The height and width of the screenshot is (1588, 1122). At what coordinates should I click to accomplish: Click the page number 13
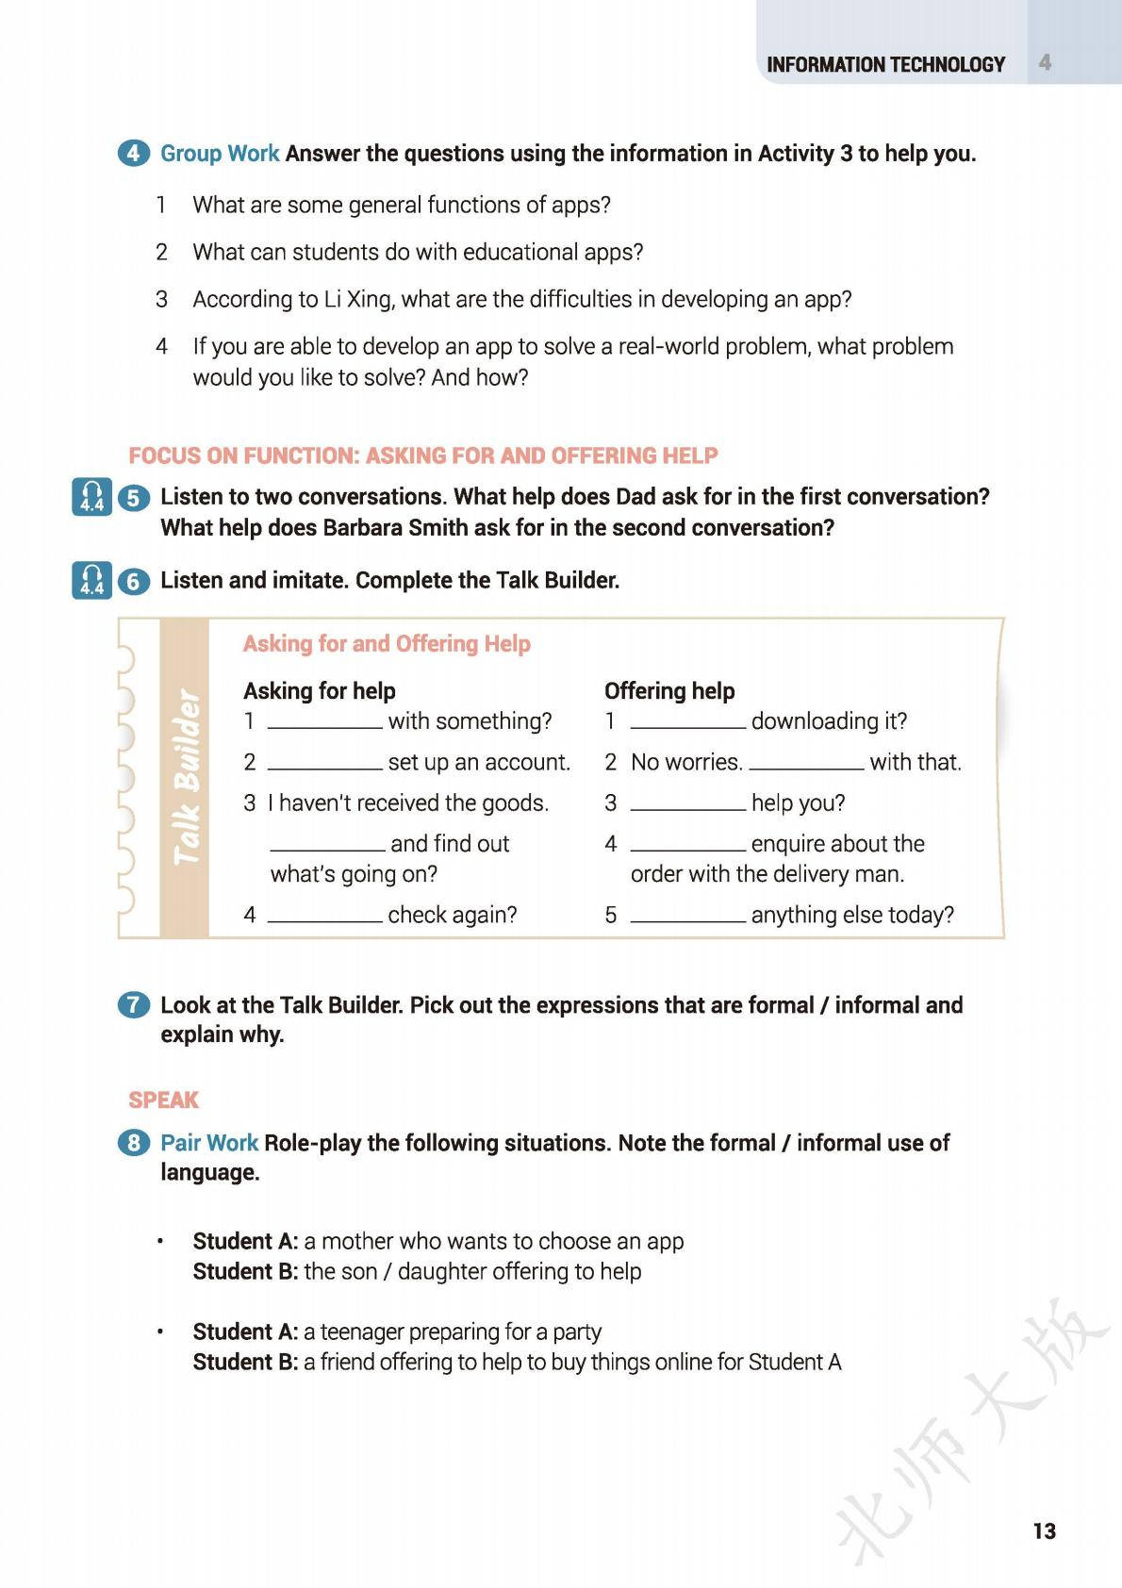pos(1044,1530)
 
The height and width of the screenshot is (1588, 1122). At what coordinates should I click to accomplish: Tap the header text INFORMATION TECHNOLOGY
pos(885,65)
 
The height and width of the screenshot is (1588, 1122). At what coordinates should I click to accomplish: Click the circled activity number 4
pos(133,153)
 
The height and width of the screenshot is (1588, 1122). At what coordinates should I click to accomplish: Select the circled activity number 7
pos(133,1005)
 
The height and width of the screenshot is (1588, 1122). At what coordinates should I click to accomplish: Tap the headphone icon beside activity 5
pos(91,497)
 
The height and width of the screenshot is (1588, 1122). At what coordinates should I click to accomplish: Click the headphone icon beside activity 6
pos(91,581)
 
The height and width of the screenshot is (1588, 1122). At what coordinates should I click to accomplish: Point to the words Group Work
pos(220,154)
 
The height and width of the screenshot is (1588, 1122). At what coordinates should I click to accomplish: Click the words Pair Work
pos(209,1143)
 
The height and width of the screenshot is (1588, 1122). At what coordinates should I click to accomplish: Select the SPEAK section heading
pos(164,1100)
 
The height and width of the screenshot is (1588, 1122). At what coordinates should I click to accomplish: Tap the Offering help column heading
pos(669,691)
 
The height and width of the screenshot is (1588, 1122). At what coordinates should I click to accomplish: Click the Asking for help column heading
pos(320,691)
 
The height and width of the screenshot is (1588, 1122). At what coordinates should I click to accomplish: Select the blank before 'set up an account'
pos(325,765)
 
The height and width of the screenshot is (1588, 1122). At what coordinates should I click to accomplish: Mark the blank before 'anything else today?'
pos(688,918)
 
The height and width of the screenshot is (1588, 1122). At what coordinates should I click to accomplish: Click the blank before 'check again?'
pos(325,918)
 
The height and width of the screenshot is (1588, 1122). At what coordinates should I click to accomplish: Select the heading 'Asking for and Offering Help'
pos(387,644)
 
